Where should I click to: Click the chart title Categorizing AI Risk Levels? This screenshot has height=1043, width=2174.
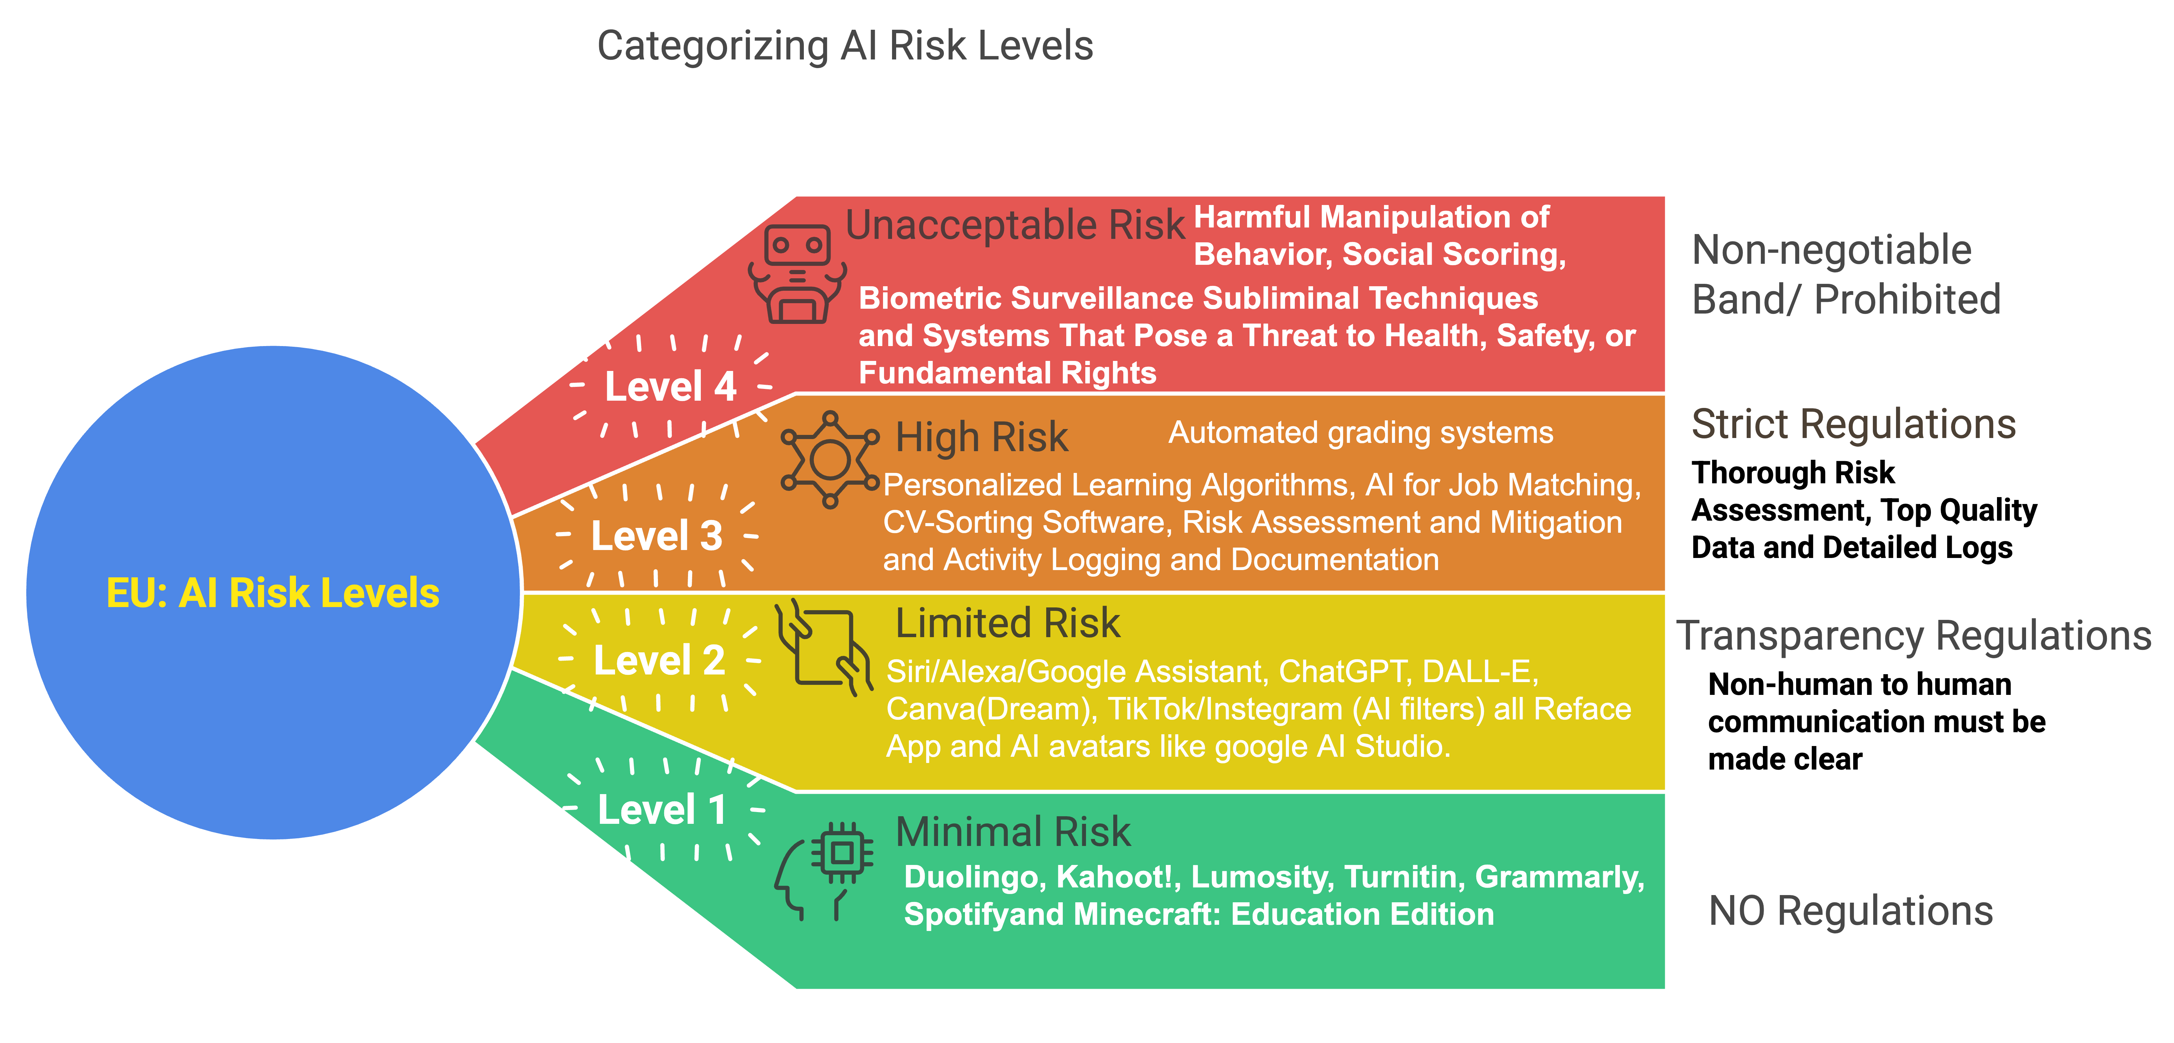[x=845, y=46]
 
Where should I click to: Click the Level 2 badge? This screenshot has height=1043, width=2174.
[x=659, y=660]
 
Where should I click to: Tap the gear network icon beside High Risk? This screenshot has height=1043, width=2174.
[x=829, y=460]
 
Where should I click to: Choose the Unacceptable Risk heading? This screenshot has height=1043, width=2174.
[x=1015, y=225]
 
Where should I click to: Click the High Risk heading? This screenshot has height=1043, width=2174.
[x=982, y=437]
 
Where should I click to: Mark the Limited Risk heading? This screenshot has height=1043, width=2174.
[x=1008, y=624]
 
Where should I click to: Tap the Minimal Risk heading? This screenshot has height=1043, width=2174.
[x=1013, y=832]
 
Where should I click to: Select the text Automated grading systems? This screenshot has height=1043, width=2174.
[x=1360, y=433]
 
